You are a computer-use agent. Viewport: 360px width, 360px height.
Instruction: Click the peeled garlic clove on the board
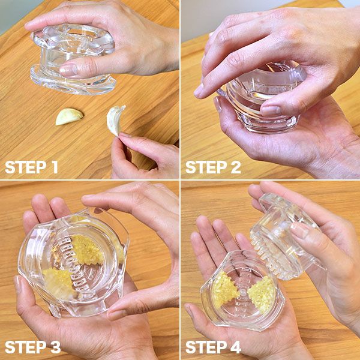click(69, 116)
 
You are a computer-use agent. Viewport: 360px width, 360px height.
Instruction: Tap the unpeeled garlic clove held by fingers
click(115, 120)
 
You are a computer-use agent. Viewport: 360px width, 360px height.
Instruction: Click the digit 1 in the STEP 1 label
click(55, 167)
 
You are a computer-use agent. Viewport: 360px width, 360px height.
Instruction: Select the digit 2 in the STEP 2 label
click(236, 167)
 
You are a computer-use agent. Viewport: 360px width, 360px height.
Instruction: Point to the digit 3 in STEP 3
click(55, 347)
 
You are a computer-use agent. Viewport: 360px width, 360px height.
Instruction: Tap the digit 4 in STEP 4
click(236, 347)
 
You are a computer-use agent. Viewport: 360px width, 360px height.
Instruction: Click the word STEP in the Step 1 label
click(25, 167)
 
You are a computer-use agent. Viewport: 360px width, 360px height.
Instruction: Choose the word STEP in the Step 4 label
click(206, 347)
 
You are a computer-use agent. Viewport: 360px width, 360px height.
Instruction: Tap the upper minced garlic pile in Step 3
click(87, 250)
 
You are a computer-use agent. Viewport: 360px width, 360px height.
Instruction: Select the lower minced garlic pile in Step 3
click(59, 281)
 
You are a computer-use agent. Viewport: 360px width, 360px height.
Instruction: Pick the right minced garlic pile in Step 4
click(262, 295)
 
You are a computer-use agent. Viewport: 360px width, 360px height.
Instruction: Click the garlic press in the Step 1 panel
click(73, 59)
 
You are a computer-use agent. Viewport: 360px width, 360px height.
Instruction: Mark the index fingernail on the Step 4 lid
click(299, 230)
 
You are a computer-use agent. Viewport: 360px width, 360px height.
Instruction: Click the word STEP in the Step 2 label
click(206, 167)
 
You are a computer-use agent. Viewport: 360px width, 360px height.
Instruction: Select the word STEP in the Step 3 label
click(25, 347)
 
